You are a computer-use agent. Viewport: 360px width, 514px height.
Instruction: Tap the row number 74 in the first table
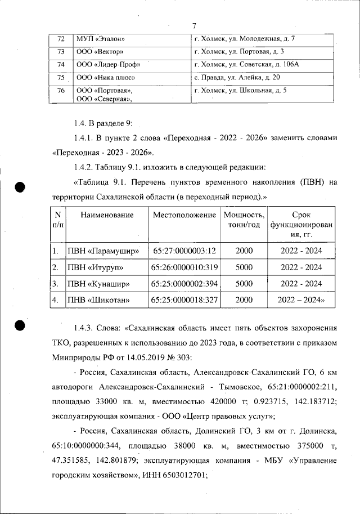[x=62, y=64]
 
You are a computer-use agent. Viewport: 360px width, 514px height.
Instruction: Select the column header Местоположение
[x=184, y=215]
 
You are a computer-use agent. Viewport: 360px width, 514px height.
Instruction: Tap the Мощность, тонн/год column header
[x=244, y=220]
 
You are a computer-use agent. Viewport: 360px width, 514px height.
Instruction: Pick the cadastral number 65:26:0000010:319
[x=184, y=267]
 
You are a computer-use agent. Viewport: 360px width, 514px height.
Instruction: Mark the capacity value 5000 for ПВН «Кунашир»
[x=244, y=283]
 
